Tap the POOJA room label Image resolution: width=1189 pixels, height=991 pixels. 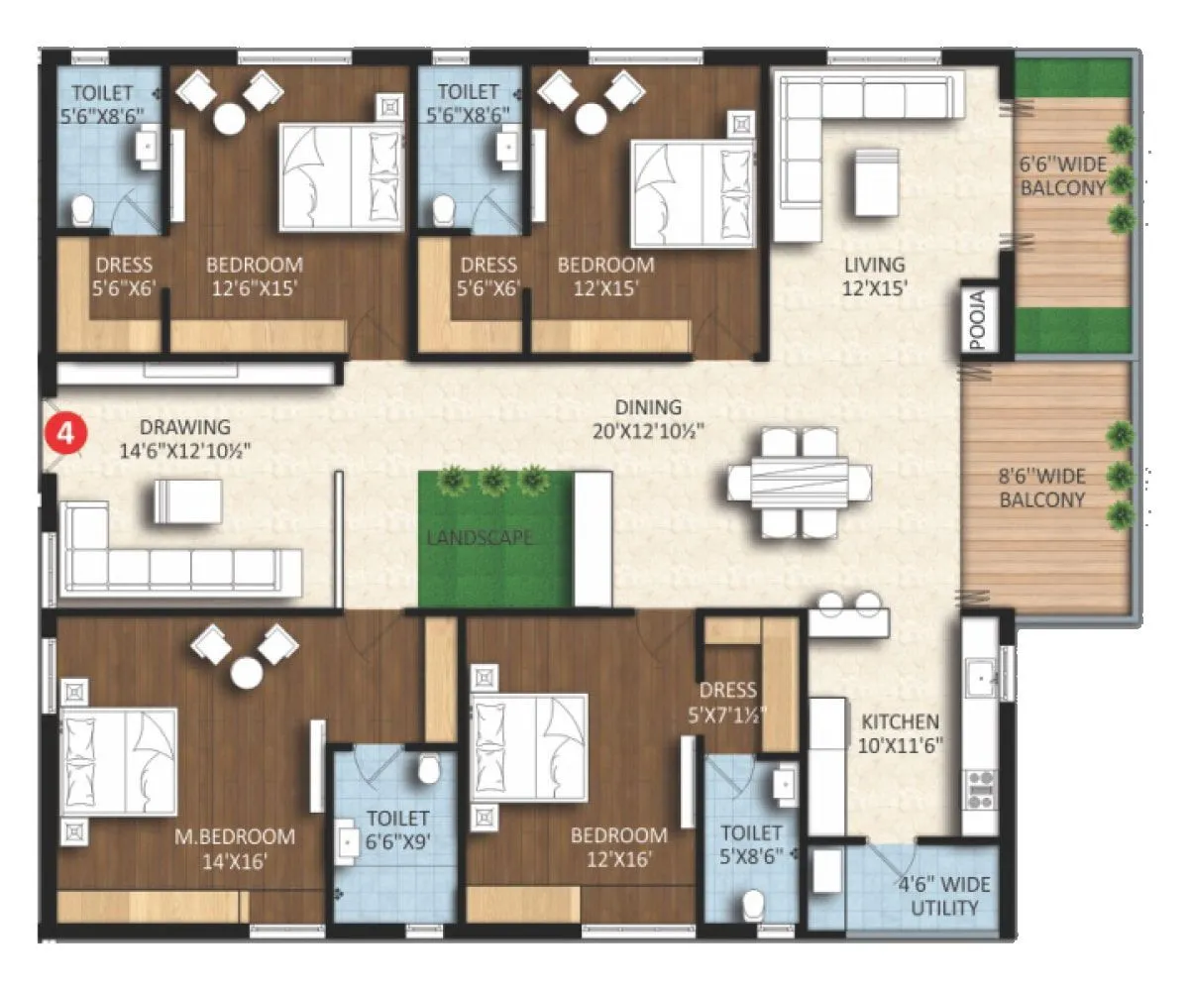coord(977,320)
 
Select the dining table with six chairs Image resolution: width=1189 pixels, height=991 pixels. coord(799,482)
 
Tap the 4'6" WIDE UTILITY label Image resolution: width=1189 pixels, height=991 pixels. coord(944,896)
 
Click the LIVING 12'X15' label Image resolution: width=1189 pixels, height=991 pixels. coord(874,276)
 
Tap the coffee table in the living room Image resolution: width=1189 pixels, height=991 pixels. coord(876,182)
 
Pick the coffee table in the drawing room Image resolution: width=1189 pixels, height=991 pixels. coord(187,500)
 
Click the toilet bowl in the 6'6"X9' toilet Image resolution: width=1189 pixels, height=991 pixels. coord(429,768)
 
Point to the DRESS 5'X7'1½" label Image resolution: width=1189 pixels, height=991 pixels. coord(727,701)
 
